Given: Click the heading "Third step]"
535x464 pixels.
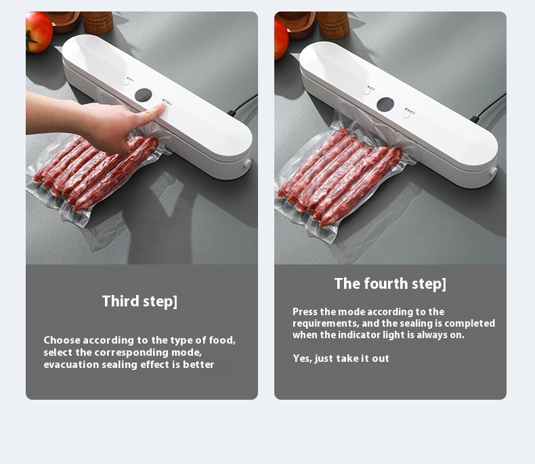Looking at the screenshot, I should pyautogui.click(x=140, y=301).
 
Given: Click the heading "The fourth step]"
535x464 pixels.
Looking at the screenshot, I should pyautogui.click(x=390, y=283).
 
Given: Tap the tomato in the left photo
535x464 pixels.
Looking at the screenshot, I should pyautogui.click(x=39, y=31).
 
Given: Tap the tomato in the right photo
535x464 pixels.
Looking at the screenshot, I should pyautogui.click(x=280, y=38).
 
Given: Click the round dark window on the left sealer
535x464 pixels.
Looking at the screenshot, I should pyautogui.click(x=143, y=95).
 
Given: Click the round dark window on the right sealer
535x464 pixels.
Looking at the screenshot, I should pyautogui.click(x=385, y=104).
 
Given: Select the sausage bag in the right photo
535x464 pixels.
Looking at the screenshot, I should pyautogui.click(x=339, y=179).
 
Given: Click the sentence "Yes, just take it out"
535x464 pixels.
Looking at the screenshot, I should pyautogui.click(x=341, y=358).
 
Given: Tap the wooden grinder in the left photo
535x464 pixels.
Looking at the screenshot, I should pyautogui.click(x=97, y=22).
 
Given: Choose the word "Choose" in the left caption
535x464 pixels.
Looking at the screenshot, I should pyautogui.click(x=62, y=340).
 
